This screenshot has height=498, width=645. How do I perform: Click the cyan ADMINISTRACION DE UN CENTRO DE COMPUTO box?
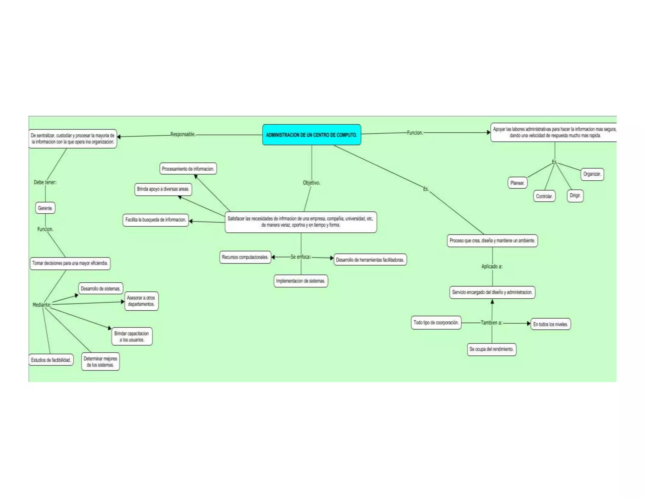point(311,135)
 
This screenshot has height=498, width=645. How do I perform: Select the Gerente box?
point(45,208)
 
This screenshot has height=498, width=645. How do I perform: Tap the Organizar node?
point(592,174)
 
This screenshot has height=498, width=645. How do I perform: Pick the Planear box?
point(517,183)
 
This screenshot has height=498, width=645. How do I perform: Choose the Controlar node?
point(544,196)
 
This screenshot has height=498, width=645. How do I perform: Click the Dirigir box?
point(575,195)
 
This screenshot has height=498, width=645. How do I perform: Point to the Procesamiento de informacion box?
point(188,169)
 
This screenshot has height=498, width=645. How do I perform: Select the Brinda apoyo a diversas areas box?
point(163,189)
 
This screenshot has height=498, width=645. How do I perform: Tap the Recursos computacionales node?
point(245,257)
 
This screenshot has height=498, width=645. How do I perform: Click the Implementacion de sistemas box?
point(301,281)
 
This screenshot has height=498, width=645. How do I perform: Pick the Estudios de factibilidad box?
point(51,360)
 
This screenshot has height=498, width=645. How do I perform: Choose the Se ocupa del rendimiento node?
point(491,349)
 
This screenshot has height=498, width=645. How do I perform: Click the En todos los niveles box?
point(550,324)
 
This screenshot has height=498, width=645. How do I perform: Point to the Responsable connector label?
point(183,134)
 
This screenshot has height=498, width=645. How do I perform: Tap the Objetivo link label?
point(311,183)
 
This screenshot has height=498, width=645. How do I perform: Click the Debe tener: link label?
point(45,182)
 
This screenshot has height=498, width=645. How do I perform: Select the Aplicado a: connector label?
point(492,266)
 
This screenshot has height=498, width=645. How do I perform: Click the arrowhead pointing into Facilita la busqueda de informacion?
point(191,221)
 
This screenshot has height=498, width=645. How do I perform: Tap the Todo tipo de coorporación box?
point(436,323)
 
